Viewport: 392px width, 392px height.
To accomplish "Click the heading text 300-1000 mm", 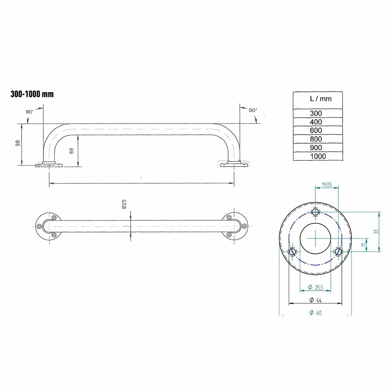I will click(x=32, y=94).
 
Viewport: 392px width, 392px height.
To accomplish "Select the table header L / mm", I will click(x=320, y=99).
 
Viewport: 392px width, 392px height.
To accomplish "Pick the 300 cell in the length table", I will click(x=316, y=113).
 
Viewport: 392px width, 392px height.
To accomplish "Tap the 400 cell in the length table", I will click(x=316, y=122).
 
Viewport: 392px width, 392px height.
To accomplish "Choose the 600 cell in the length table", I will click(x=316, y=131).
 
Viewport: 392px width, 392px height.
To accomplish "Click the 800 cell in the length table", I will click(x=316, y=139).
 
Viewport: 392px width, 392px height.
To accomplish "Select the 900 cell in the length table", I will click(x=316, y=148).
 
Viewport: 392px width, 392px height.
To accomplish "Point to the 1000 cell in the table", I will click(x=318, y=156).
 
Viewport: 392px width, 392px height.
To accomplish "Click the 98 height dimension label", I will click(x=18, y=143).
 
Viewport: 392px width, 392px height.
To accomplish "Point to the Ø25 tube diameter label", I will click(x=124, y=204).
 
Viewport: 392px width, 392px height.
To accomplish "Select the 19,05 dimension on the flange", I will click(x=327, y=185).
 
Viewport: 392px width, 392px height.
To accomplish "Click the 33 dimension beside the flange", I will click(x=376, y=232).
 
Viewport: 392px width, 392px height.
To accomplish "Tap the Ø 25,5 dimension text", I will click(x=315, y=287).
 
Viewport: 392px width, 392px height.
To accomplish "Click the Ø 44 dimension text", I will click(x=315, y=300).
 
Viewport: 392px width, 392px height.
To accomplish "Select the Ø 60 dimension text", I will click(x=315, y=313).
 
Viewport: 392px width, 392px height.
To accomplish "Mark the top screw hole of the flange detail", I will click(x=316, y=212).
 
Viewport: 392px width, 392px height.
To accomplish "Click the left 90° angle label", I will click(x=30, y=112).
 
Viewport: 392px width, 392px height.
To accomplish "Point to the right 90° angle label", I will click(x=253, y=110).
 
